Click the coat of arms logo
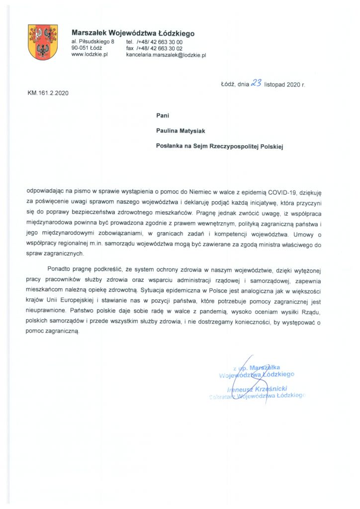[x=43, y=42]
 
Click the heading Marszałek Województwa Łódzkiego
[x=133, y=33]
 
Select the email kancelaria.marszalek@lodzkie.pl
[x=166, y=55]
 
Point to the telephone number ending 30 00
[x=154, y=42]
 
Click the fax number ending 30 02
[x=154, y=48]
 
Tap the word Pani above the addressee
[x=163, y=115]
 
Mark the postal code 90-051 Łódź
[x=87, y=48]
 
